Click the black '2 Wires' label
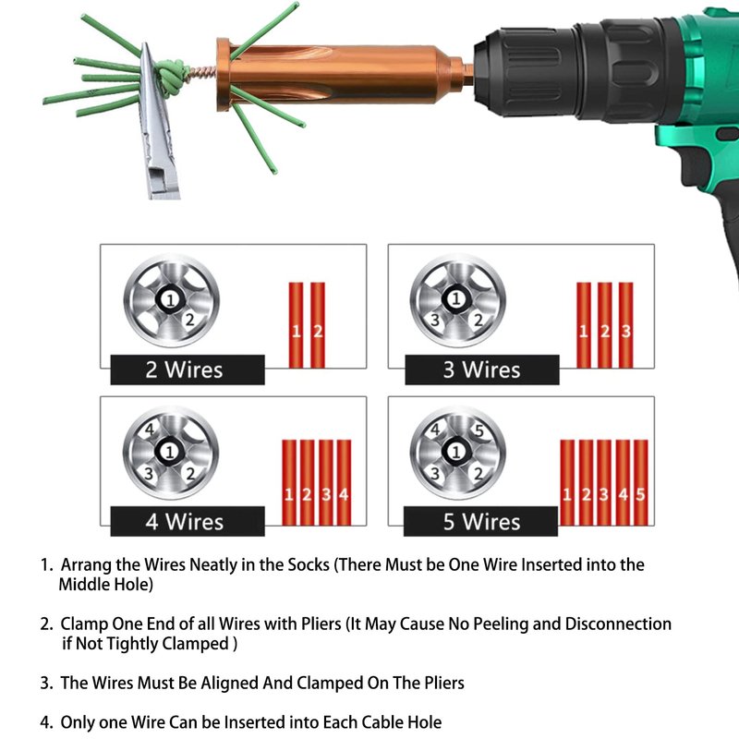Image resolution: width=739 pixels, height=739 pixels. (188, 369)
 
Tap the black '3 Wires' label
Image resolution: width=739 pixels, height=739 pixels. (482, 369)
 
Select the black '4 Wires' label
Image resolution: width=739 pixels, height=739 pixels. (188, 521)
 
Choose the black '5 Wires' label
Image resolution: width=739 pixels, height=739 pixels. (480, 521)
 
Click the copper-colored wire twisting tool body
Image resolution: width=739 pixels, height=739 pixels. (339, 76)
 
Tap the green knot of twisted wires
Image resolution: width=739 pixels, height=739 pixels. (171, 77)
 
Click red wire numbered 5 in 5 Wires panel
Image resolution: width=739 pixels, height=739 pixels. (640, 482)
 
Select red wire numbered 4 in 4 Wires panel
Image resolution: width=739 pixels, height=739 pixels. (344, 482)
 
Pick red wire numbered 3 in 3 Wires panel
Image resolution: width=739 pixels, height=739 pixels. (626, 325)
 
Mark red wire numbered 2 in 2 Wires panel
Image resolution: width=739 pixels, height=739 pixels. (318, 325)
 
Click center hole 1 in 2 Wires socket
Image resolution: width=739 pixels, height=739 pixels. (170, 299)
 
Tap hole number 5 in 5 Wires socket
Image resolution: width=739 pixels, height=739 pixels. (479, 430)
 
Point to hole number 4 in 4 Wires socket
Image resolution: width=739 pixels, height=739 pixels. (150, 430)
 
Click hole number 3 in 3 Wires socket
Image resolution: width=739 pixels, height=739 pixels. (435, 320)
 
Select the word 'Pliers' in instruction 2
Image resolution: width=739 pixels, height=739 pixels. (321, 624)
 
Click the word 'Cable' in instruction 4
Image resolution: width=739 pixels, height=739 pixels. (344, 722)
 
